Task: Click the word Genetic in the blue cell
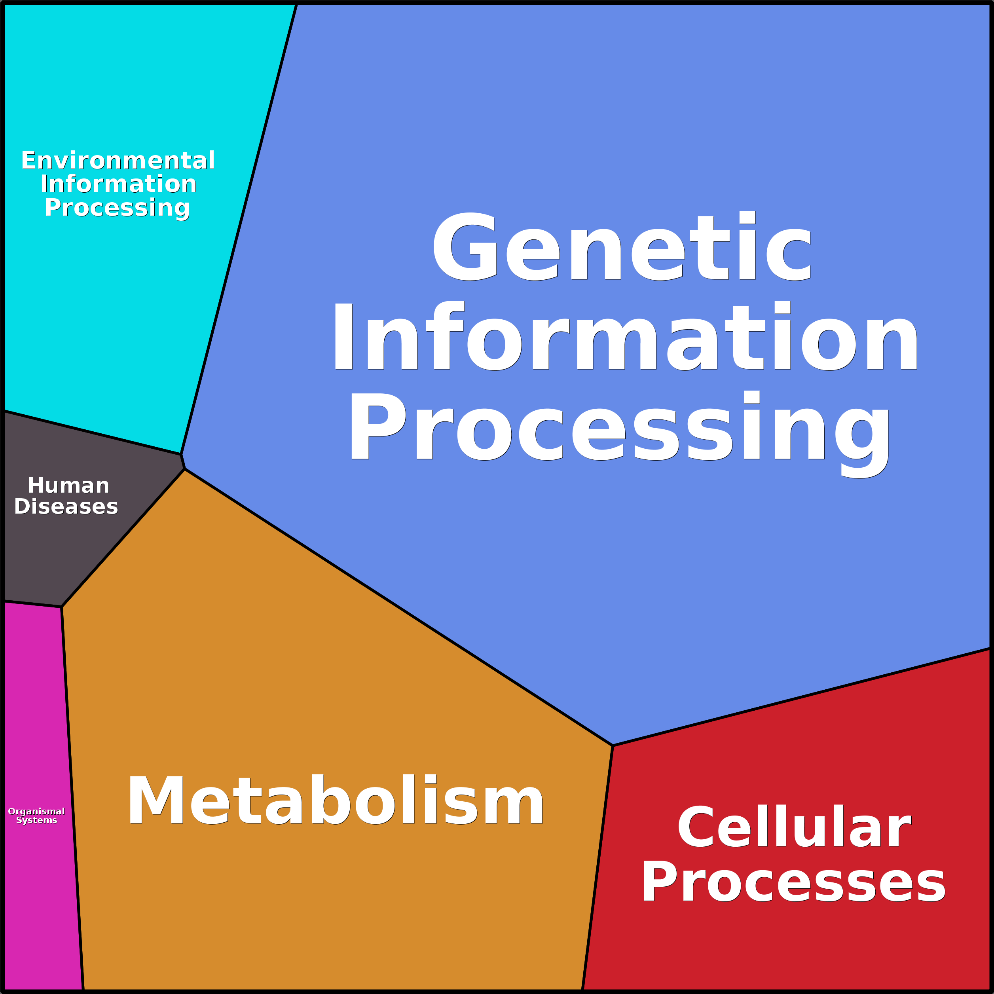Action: click(622, 247)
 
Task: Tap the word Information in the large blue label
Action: click(624, 336)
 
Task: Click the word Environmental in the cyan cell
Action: click(118, 161)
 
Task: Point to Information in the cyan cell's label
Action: click(118, 184)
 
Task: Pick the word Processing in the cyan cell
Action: click(117, 208)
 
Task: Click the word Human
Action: click(68, 486)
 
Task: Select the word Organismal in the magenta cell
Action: click(36, 811)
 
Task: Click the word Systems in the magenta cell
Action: click(36, 820)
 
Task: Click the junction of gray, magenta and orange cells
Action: click(62, 607)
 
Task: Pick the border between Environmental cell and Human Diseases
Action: click(93, 432)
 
